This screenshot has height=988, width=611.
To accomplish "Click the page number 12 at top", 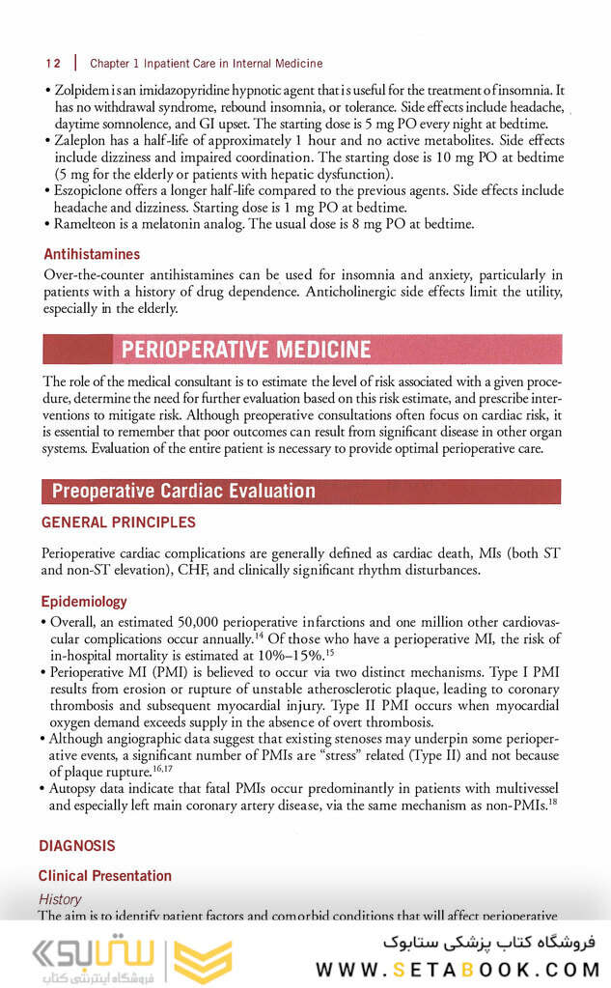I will pos(53,63).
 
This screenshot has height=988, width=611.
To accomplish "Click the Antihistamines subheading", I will pos(92,255).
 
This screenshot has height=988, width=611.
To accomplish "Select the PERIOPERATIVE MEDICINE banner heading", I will pos(245,349).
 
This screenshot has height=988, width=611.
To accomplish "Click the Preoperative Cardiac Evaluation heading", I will pos(183,492).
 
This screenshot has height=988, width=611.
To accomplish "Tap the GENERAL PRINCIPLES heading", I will pos(118,522).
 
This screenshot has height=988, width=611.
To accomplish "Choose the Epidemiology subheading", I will pos(84,602).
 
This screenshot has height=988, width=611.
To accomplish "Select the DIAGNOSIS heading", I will pos(77,845).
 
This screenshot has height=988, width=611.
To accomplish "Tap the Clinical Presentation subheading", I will pos(105,876).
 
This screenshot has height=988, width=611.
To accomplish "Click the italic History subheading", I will pos(60,899).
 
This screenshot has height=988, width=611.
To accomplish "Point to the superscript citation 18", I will pos(553,801).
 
